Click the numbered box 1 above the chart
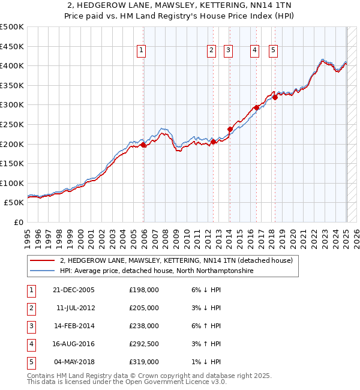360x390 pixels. [141, 51]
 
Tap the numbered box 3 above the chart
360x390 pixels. [229, 51]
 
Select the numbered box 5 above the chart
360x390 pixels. [273, 51]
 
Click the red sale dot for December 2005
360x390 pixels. [143, 145]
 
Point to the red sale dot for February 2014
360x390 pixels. [230, 129]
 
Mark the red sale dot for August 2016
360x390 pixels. [257, 107]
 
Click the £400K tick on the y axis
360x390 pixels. [13, 65]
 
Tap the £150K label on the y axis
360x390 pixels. [13, 163]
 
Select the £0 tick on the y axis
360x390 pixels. [18, 222]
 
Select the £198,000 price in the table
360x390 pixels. [144, 290]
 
